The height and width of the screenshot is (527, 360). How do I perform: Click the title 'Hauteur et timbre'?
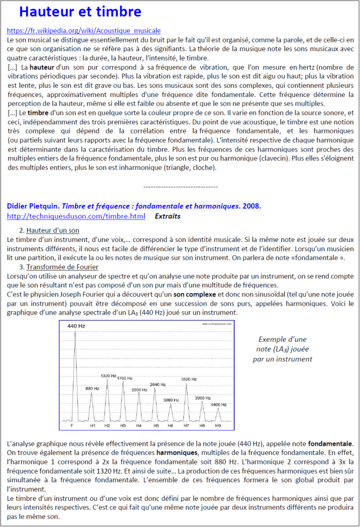click(x=80, y=12)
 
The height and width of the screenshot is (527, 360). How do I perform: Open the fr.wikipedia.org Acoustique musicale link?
click(x=83, y=31)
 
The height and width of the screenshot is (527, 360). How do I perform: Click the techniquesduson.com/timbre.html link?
click(x=76, y=216)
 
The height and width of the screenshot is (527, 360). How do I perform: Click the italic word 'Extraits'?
click(x=167, y=216)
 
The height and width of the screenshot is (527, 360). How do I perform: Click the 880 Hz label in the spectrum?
click(x=92, y=388)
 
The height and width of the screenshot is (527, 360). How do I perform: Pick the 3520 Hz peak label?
click(x=189, y=379)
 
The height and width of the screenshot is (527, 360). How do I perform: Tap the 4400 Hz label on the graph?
click(x=218, y=404)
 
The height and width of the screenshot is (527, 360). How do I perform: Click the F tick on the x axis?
click(x=73, y=425)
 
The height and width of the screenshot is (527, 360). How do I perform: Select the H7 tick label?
click(x=187, y=425)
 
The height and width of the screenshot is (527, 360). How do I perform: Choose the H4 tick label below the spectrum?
click(x=139, y=425)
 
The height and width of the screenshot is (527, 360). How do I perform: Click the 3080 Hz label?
click(x=171, y=400)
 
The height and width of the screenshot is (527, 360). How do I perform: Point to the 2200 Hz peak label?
click(x=139, y=390)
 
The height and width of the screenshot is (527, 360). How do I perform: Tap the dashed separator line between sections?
click(x=180, y=187)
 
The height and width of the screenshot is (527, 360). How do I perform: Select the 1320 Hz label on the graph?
click(x=109, y=376)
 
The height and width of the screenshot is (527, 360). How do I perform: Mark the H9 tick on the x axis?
click(x=218, y=425)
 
